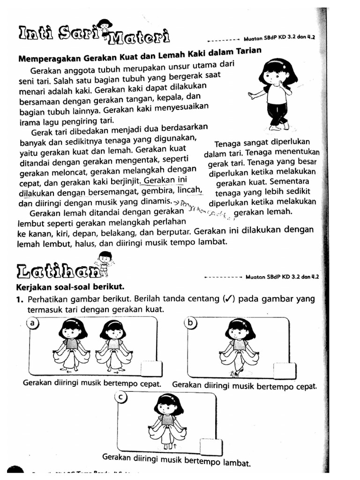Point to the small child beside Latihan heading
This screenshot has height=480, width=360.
[105, 263]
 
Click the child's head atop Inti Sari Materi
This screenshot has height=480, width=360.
[105, 24]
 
